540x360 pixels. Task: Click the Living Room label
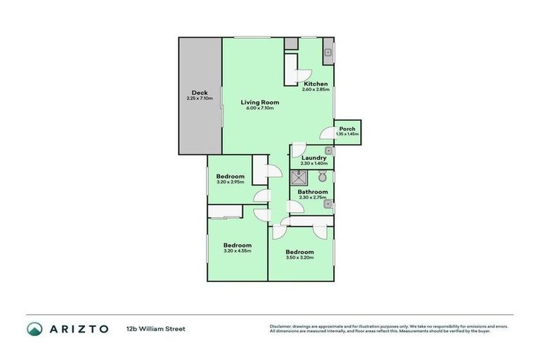click(x=260, y=103)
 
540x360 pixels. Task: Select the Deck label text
click(x=199, y=93)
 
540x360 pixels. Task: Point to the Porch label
click(x=347, y=129)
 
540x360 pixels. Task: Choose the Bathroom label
click(x=312, y=191)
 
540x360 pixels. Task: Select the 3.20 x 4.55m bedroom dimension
click(x=237, y=250)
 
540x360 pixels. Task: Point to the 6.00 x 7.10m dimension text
click(x=260, y=108)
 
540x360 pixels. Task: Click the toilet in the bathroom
click(x=322, y=176)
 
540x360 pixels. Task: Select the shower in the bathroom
click(x=299, y=176)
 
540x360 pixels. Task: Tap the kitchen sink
click(x=328, y=53)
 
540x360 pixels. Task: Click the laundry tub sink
click(x=328, y=150)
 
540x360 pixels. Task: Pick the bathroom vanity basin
click(x=328, y=205)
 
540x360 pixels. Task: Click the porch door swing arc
click(x=326, y=132)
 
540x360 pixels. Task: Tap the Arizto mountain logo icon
click(x=35, y=328)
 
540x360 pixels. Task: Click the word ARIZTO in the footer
click(x=79, y=328)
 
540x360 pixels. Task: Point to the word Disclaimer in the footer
click(x=281, y=326)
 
